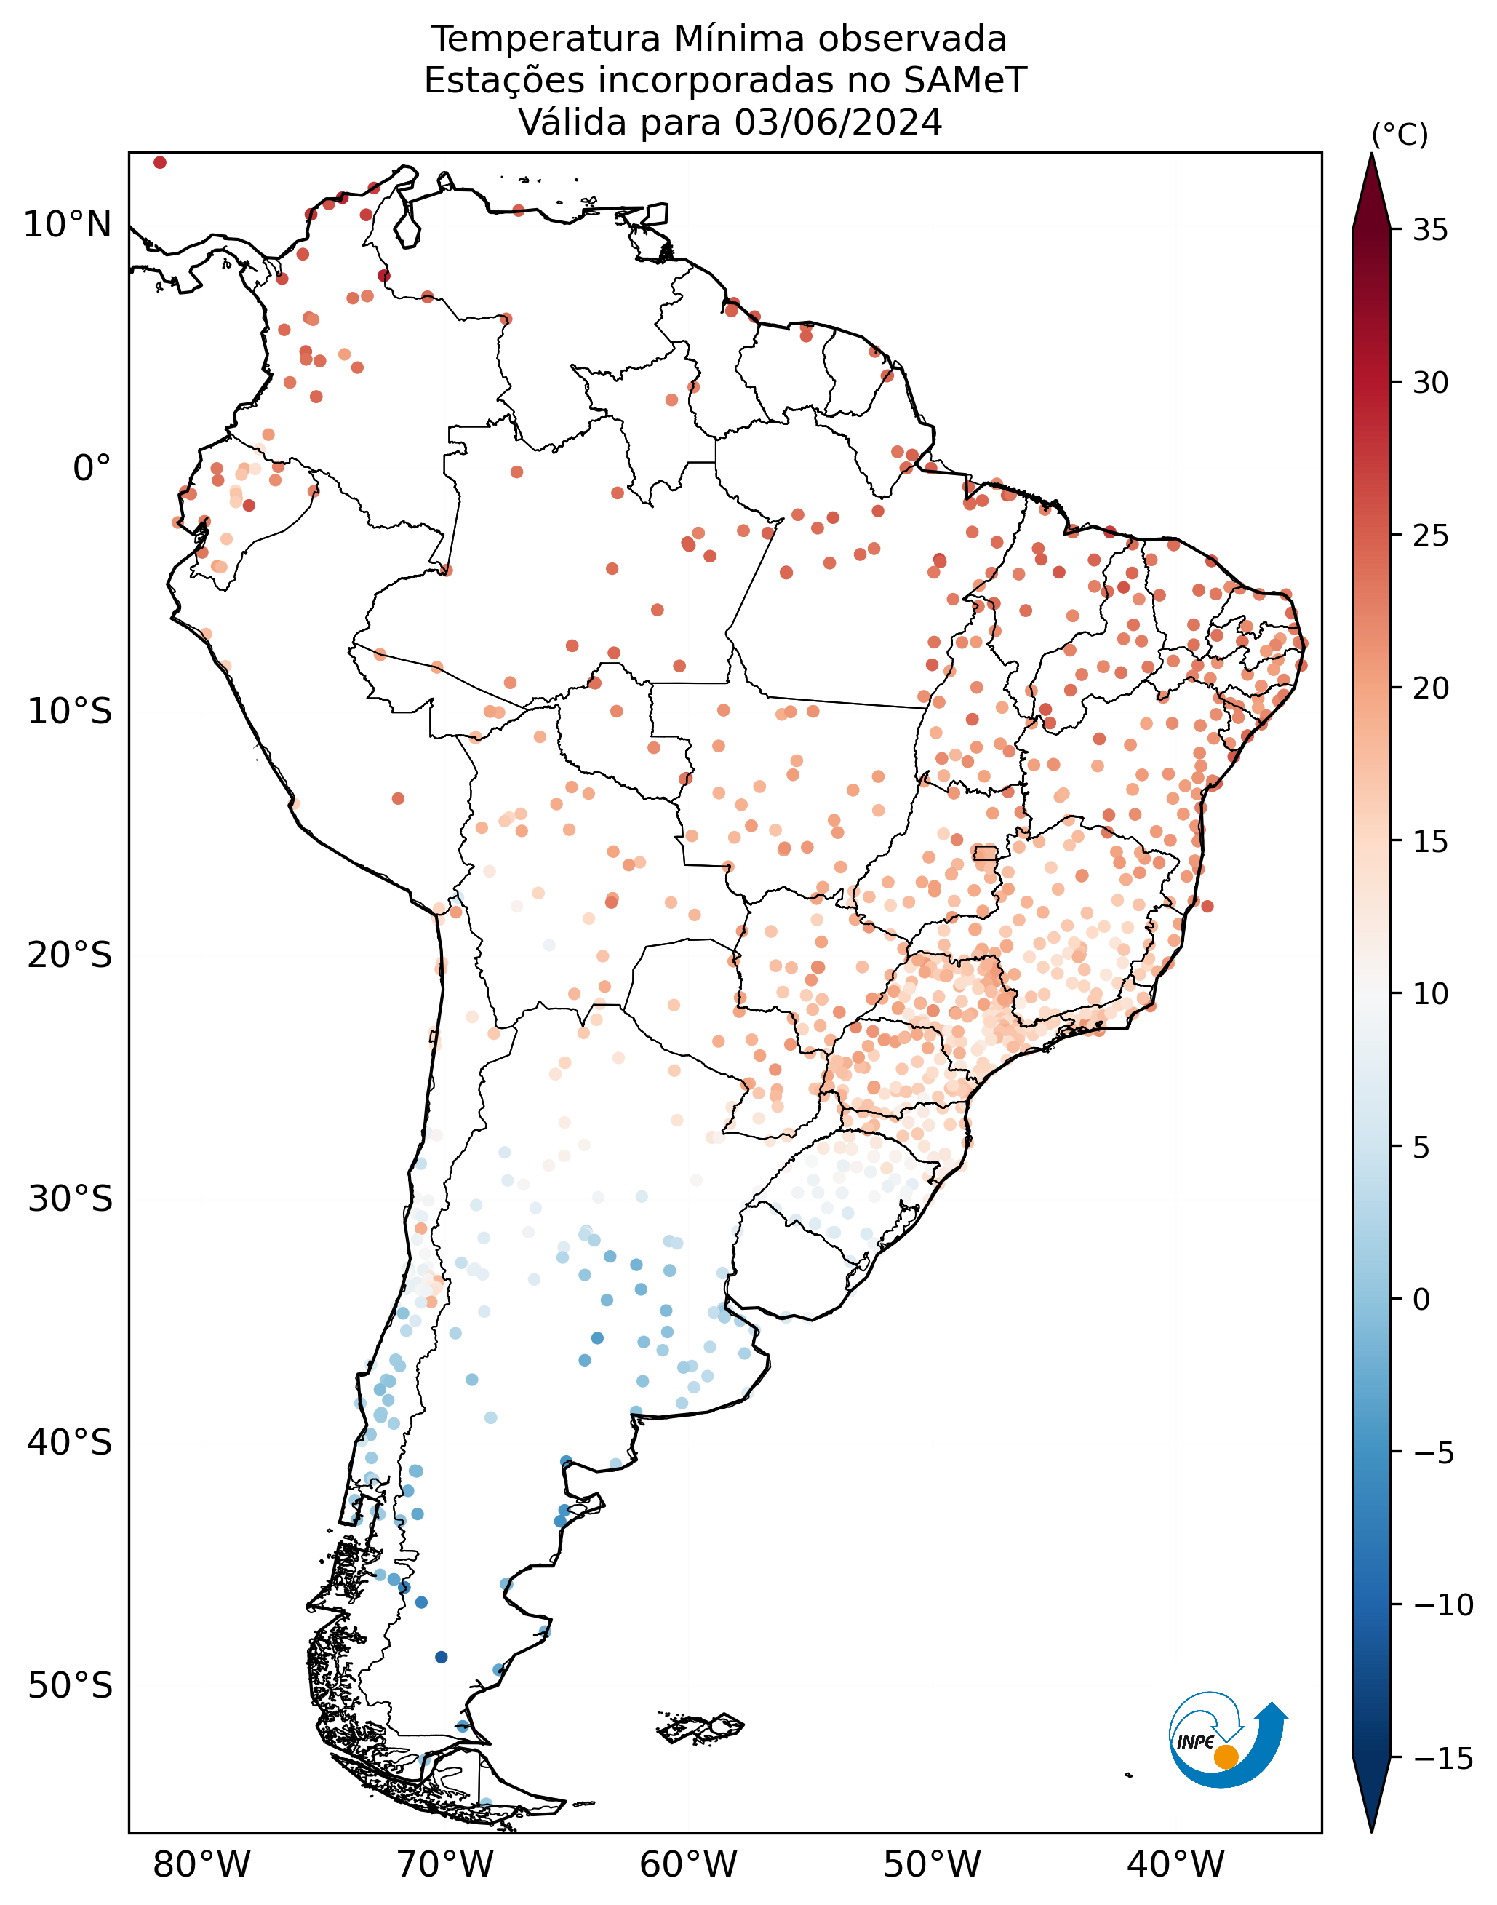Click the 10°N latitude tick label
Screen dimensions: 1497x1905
coord(68,226)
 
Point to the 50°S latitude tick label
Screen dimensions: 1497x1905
coord(70,1686)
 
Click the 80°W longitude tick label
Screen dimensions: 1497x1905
coord(201,1865)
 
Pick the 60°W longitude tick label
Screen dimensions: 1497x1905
coord(688,1865)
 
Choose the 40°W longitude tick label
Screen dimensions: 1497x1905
coord(1175,1865)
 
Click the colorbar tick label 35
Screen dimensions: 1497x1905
coord(1430,231)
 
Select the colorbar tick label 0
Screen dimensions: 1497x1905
coord(1421,1300)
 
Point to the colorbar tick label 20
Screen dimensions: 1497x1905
coord(1430,689)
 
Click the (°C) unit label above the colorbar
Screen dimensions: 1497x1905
coord(1400,135)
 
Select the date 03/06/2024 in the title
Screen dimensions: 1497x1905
coord(839,123)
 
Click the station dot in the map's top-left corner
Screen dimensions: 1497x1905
coord(159,162)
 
